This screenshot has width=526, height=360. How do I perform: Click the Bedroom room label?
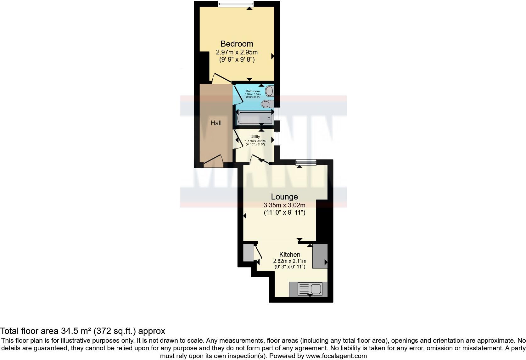(x=237, y=44)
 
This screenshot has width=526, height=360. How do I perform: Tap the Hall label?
(x=216, y=123)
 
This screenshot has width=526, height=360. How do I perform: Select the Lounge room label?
(x=284, y=197)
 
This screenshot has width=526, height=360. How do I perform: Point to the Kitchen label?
(x=290, y=255)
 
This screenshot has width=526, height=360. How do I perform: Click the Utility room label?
(x=255, y=137)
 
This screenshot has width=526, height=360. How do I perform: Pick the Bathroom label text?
(x=253, y=91)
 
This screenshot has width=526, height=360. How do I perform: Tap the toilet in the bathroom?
(x=267, y=104)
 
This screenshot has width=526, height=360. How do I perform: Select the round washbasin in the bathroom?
(x=270, y=91)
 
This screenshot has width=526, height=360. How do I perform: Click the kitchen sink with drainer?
(x=310, y=289)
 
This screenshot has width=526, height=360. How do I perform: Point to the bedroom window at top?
(x=236, y=4)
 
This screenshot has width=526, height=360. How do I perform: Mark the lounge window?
(x=306, y=162)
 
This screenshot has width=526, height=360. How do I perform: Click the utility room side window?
(x=277, y=138)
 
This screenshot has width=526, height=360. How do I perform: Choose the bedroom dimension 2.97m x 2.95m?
(x=237, y=52)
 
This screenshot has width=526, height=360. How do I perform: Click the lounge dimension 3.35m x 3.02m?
(x=284, y=205)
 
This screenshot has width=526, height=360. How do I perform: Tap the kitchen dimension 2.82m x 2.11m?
(x=290, y=261)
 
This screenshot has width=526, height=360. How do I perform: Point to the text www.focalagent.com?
(x=336, y=356)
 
